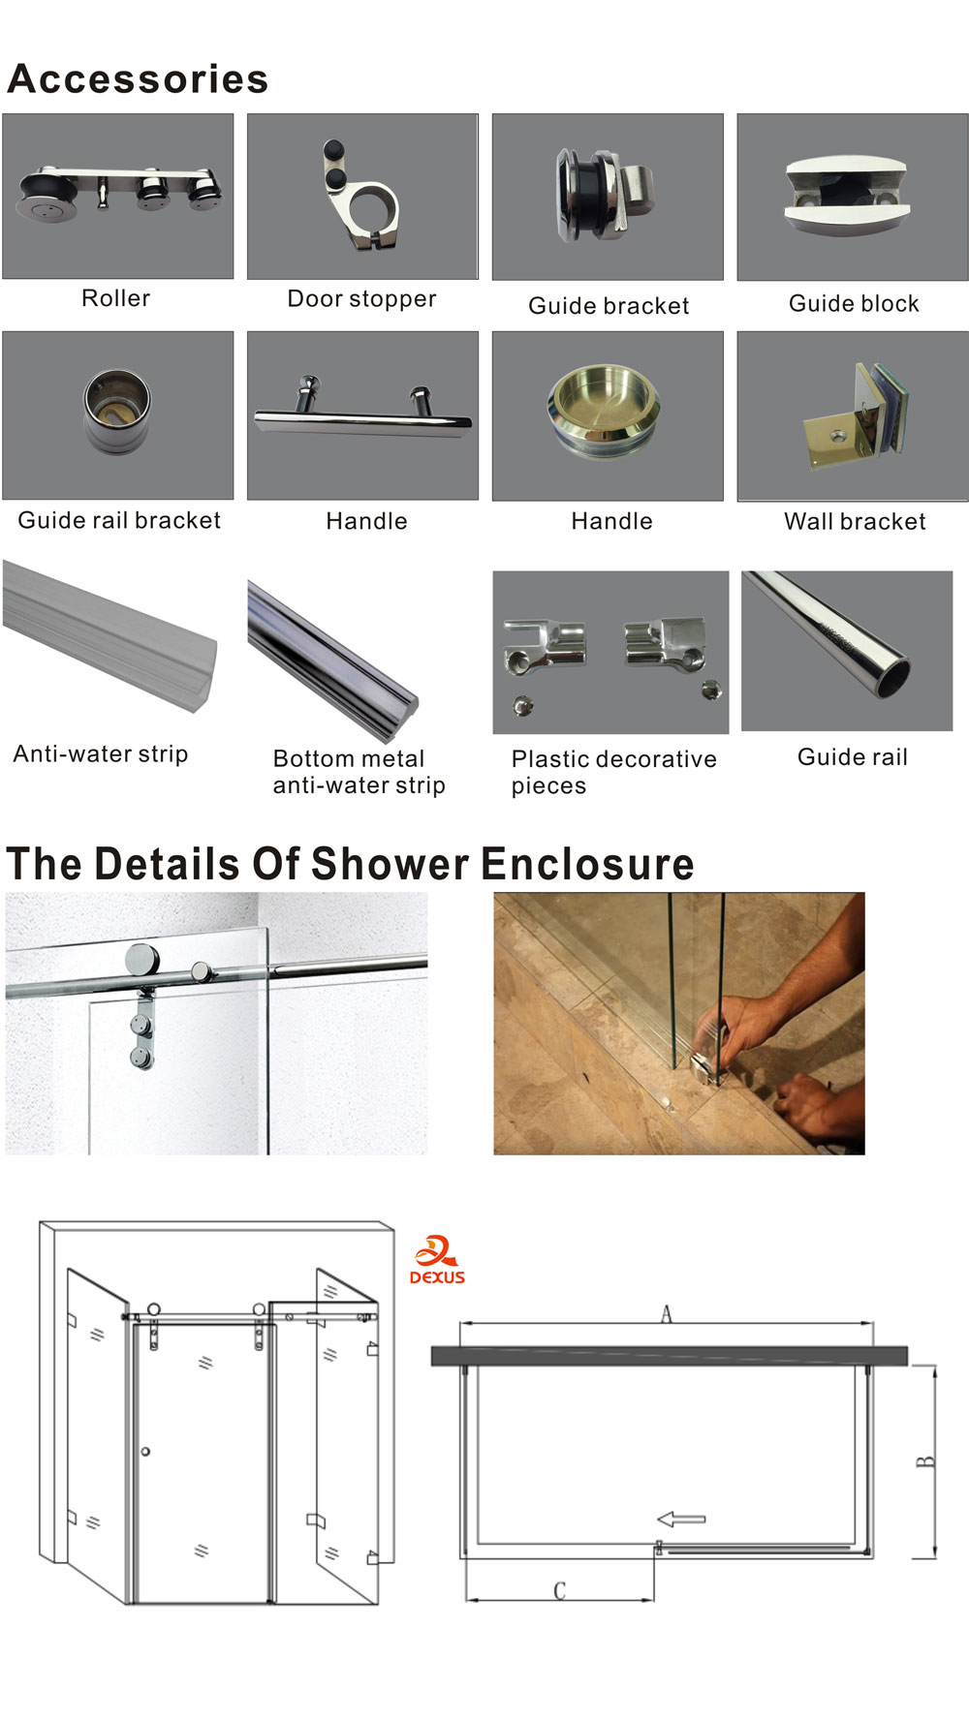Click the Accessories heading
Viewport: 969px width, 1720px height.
point(138,78)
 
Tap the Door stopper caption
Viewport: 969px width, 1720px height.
point(361,298)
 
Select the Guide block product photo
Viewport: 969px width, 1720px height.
point(853,197)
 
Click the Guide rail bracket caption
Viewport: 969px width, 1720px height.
point(119,520)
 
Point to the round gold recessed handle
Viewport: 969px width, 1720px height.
point(605,412)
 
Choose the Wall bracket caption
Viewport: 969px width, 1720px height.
point(855,521)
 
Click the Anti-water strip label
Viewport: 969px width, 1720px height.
point(101,753)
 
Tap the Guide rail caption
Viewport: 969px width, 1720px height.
point(853,756)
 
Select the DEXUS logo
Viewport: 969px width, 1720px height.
point(437,1260)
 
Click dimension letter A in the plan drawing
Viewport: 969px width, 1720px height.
point(666,1313)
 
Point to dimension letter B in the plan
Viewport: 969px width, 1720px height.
point(925,1461)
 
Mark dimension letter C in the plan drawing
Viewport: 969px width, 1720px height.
point(559,1590)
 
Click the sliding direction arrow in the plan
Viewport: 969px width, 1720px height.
point(681,1519)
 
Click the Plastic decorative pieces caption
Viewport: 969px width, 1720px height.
point(614,772)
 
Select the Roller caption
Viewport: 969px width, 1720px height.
point(116,298)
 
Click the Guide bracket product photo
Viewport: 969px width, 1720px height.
point(608,197)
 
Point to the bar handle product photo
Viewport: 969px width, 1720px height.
point(362,415)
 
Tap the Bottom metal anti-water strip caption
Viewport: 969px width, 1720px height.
point(359,772)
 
